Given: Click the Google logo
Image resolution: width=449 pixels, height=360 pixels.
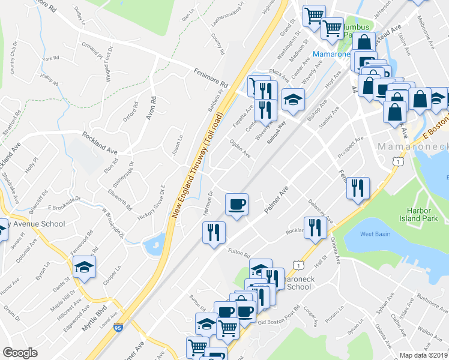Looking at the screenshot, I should [x=20, y=353].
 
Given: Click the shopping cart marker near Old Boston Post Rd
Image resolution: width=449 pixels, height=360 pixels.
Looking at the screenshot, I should [x=227, y=328].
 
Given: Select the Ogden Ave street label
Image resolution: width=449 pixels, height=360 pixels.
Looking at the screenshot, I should [x=240, y=148].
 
